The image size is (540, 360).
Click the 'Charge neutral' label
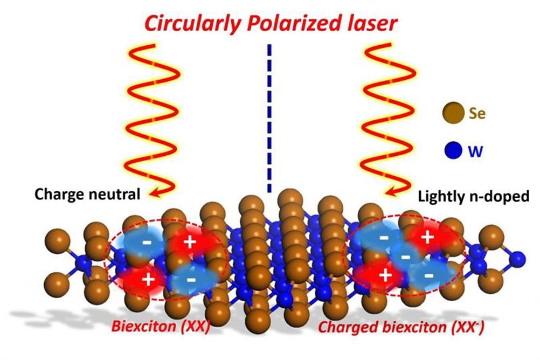[x=87, y=195]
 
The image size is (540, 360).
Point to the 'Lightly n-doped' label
[x=474, y=196]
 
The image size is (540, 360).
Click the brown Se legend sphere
[x=453, y=113]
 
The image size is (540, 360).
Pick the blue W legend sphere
[x=453, y=151]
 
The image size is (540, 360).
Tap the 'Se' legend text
[x=477, y=113]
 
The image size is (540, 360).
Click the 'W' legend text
[x=476, y=151]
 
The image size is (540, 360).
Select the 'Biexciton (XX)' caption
[x=161, y=326]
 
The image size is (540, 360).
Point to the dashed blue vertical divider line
[x=269, y=118]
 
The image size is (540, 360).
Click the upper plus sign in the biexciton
[x=189, y=242]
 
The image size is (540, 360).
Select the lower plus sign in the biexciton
[x=148, y=279]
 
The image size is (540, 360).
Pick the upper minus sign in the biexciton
[x=147, y=242]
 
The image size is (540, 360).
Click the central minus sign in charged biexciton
[x=406, y=257]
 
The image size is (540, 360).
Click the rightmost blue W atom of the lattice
[x=517, y=259]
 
